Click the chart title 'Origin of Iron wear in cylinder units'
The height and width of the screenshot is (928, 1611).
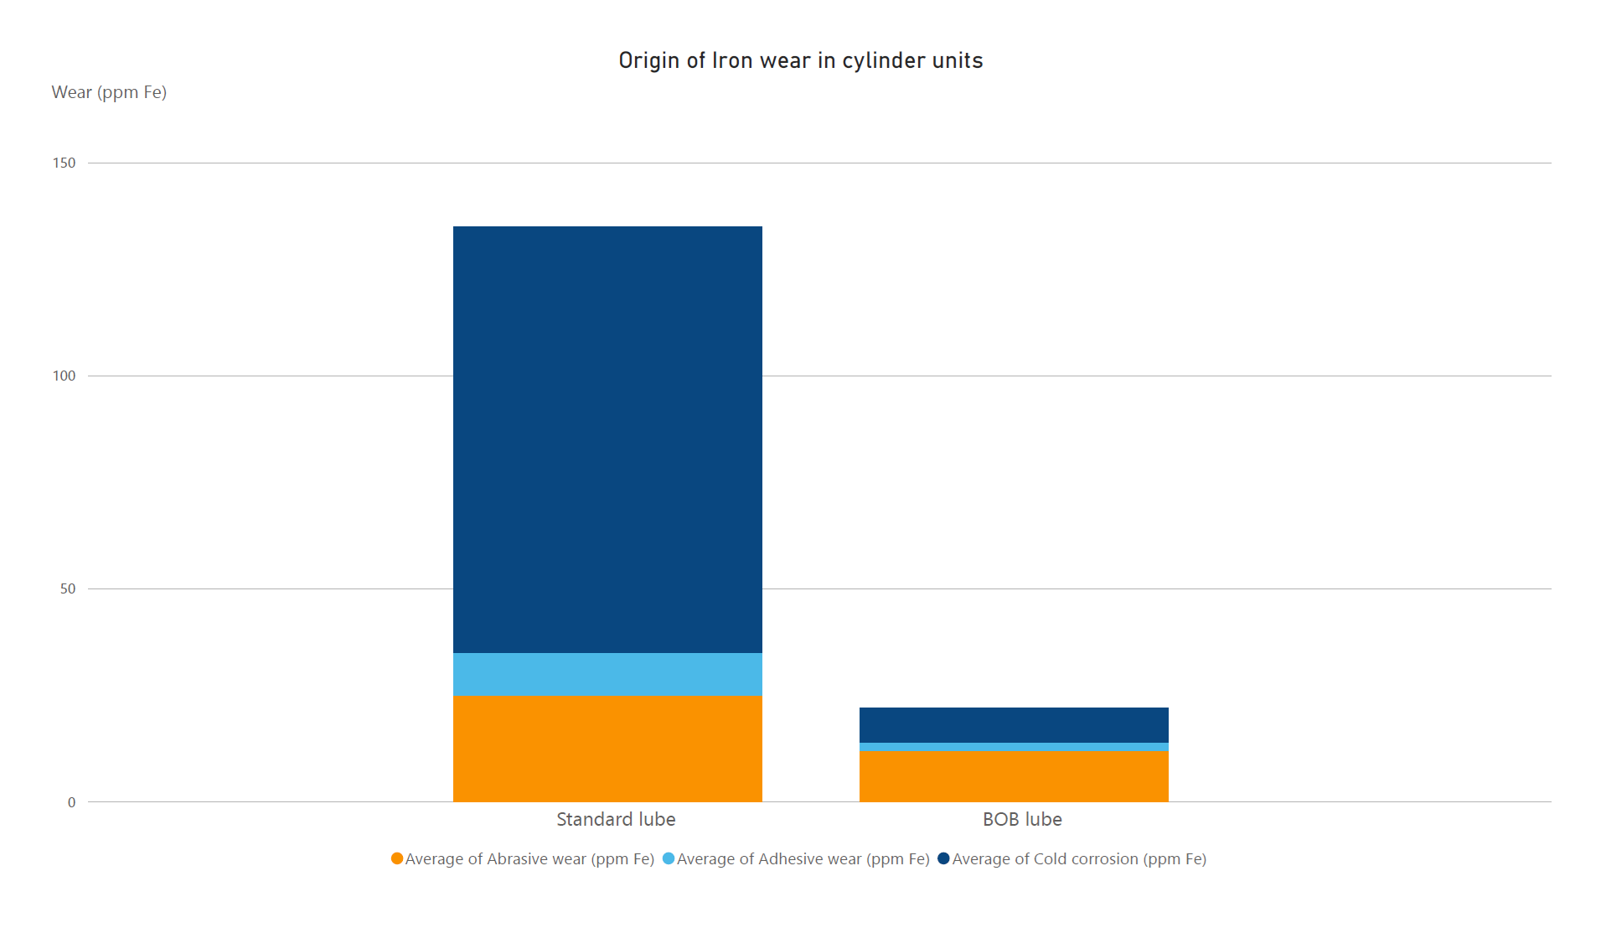click(x=800, y=60)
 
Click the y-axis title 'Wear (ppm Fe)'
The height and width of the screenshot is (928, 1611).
click(x=109, y=92)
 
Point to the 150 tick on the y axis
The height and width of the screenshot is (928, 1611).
click(x=65, y=163)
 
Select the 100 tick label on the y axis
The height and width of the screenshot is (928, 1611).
click(x=65, y=376)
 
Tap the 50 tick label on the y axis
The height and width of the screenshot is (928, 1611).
click(x=68, y=588)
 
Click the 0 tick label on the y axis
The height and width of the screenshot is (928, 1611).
click(x=71, y=802)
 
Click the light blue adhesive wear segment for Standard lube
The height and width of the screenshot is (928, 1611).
click(x=607, y=674)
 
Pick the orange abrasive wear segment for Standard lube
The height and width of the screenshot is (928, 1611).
click(x=607, y=748)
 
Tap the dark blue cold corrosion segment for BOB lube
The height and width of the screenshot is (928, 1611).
click(x=1014, y=725)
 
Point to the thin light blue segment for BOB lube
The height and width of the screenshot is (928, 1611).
click(x=1014, y=747)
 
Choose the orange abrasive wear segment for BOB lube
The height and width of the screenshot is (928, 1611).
click(x=1014, y=776)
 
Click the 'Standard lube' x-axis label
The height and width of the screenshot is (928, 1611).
click(x=616, y=819)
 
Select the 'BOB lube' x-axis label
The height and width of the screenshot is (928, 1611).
click(x=1022, y=819)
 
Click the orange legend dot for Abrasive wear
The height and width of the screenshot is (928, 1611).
click(x=397, y=858)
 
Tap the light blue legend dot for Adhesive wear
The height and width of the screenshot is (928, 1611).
click(x=669, y=858)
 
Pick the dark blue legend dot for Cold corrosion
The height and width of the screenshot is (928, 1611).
click(x=943, y=858)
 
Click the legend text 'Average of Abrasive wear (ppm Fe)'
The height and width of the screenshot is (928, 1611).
click(x=529, y=859)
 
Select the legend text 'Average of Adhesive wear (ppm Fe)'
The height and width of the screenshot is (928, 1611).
click(x=803, y=859)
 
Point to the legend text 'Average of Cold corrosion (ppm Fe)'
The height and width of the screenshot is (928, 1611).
click(x=1079, y=859)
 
